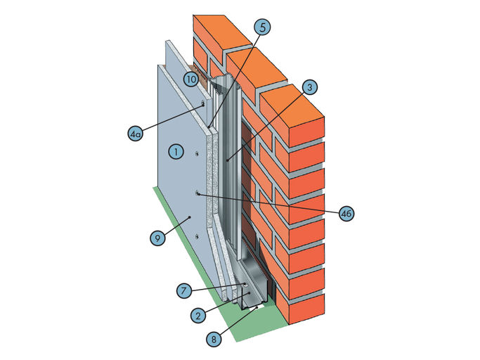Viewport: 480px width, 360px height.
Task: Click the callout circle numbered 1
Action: [x=177, y=150]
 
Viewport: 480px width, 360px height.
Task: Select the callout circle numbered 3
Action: [x=310, y=87]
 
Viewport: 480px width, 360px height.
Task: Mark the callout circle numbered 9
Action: [x=158, y=238]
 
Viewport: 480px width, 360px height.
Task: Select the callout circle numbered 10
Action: [x=191, y=79]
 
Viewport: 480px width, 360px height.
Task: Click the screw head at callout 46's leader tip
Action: [x=198, y=193]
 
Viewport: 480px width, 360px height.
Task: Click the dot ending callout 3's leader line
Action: [x=228, y=160]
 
